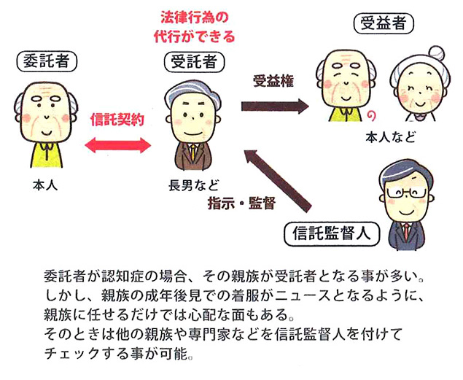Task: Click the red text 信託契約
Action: pyautogui.click(x=116, y=117)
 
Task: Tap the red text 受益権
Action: pyautogui.click(x=273, y=81)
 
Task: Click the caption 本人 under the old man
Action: pyautogui.click(x=45, y=185)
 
